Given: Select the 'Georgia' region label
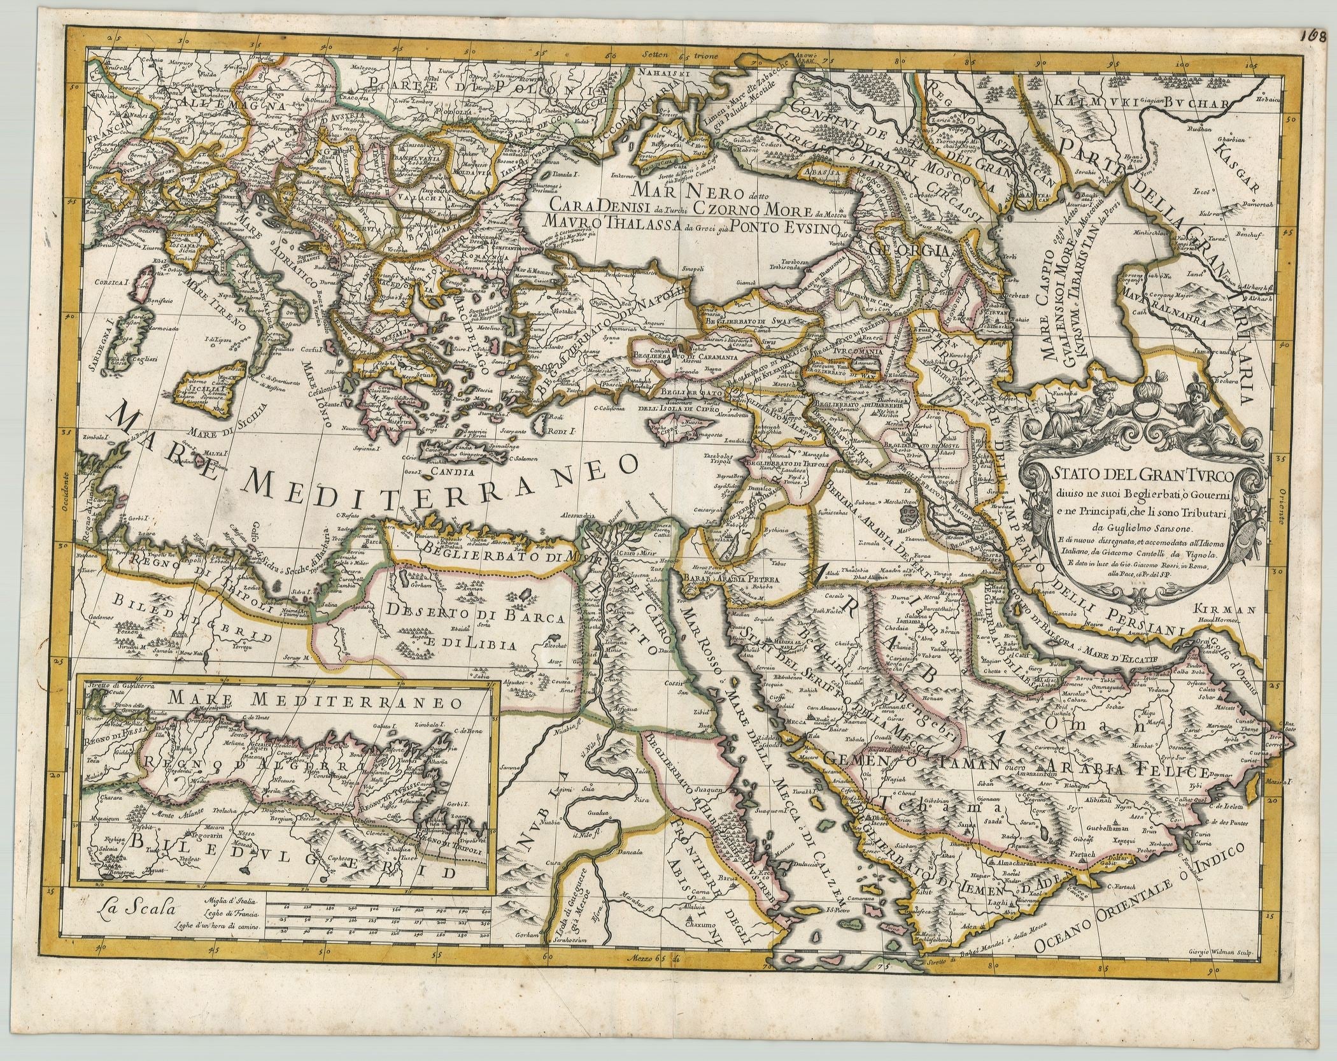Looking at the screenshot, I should tap(910, 250).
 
